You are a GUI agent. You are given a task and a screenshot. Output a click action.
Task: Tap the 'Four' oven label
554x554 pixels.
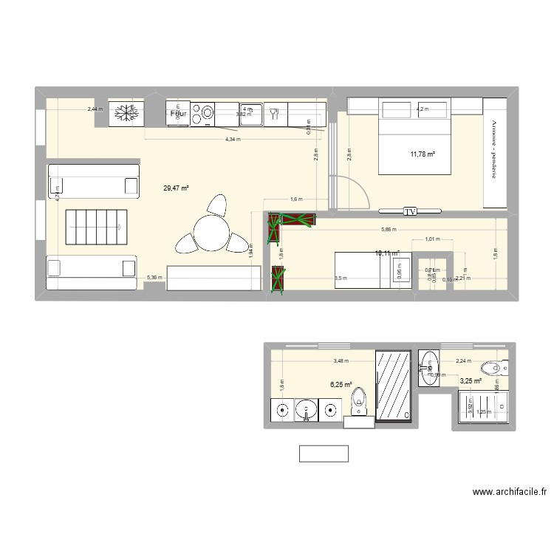click(x=178, y=114)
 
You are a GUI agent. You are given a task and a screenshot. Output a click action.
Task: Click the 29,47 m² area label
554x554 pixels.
click(x=176, y=188)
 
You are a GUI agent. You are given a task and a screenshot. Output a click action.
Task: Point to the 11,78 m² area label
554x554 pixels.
click(x=423, y=154)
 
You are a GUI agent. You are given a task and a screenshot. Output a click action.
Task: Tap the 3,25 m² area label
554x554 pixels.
click(x=471, y=381)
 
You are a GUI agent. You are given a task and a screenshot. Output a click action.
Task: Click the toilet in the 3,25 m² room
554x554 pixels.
click(x=493, y=367)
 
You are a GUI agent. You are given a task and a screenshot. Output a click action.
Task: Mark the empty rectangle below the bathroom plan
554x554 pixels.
click(x=324, y=454)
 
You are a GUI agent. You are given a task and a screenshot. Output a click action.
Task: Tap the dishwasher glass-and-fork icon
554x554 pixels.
click(x=275, y=113)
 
